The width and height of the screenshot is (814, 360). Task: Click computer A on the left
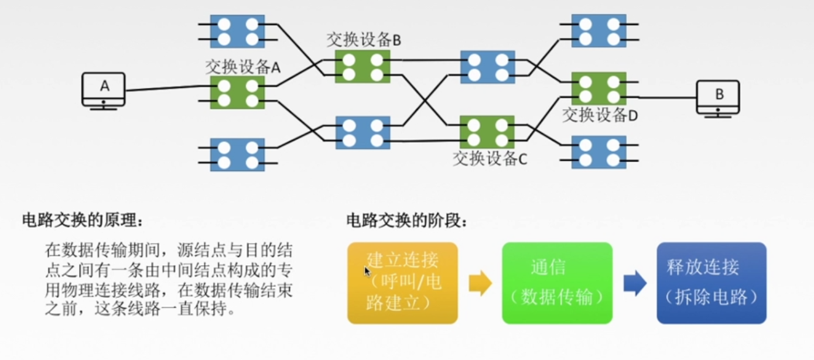(x=104, y=91)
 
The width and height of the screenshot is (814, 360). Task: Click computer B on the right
(x=718, y=99)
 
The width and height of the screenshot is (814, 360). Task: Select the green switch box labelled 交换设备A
(x=237, y=92)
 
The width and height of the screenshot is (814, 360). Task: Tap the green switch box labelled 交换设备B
(x=362, y=67)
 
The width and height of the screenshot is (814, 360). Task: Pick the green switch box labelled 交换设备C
(x=487, y=132)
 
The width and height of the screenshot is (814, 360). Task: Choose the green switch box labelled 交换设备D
(x=599, y=88)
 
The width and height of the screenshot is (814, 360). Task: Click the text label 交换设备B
(x=364, y=40)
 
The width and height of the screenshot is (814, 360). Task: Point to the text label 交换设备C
(x=490, y=159)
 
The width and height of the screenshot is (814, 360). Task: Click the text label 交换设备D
(x=600, y=115)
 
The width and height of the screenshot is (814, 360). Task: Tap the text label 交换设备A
(x=243, y=67)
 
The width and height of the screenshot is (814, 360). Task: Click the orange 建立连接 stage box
(x=403, y=283)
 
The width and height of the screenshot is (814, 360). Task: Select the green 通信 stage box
(x=557, y=283)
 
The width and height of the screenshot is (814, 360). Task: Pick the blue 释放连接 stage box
(x=712, y=283)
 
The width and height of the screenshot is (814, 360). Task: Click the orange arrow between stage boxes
(x=480, y=283)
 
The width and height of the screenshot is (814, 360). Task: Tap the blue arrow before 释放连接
(x=635, y=283)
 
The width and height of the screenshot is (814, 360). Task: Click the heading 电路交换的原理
(x=83, y=221)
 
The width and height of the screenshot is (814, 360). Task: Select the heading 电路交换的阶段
(x=407, y=221)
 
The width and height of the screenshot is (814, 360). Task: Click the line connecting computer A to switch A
(x=168, y=88)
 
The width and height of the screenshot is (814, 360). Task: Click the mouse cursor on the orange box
(x=367, y=271)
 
